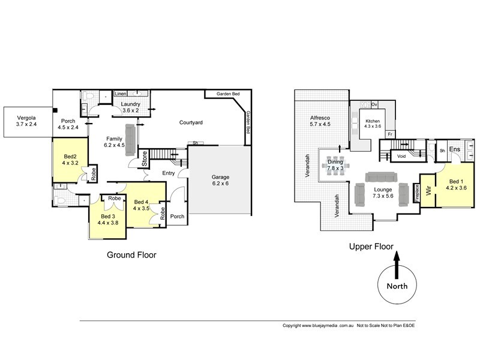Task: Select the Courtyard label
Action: [x=191, y=122]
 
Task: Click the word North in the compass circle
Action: [x=397, y=286]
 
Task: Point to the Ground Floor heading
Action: [x=131, y=255]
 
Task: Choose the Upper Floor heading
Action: [x=371, y=247]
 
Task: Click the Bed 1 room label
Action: [x=456, y=184]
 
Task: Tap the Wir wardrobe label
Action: [x=427, y=191]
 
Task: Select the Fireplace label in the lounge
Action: [x=416, y=193]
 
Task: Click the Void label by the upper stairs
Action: [x=401, y=157]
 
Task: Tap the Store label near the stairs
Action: [x=145, y=159]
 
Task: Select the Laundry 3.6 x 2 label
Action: [x=131, y=107]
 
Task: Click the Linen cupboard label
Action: [x=120, y=94]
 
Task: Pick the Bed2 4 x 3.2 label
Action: [x=70, y=159]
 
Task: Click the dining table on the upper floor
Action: [x=335, y=163]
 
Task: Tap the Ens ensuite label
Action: [x=455, y=149]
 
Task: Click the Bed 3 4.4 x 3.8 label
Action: [x=108, y=219]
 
